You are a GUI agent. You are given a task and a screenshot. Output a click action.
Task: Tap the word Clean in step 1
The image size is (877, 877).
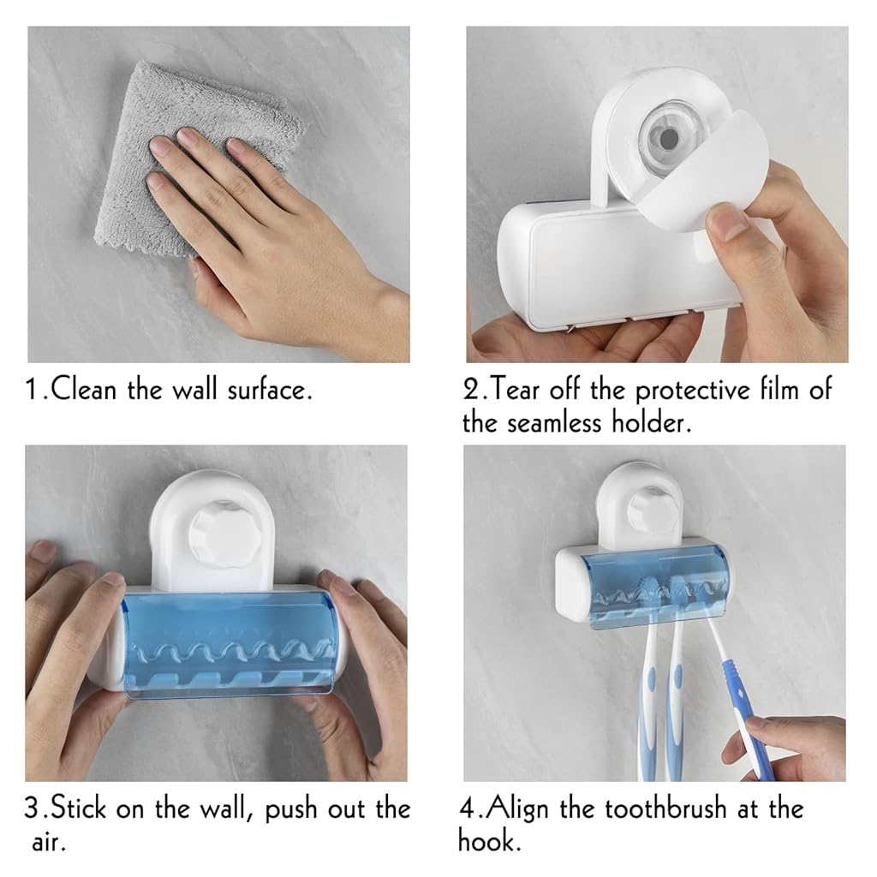coord(84,389)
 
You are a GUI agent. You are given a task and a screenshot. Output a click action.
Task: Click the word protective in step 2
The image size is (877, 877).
coord(692,391)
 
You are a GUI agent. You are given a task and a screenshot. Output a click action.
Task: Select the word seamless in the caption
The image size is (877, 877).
coord(554,423)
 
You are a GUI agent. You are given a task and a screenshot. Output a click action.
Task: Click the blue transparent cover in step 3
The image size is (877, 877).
coord(229,645)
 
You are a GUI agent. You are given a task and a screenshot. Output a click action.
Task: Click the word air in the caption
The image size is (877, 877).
coord(49,843)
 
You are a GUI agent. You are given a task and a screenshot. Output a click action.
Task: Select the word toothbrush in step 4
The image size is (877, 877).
coord(665,808)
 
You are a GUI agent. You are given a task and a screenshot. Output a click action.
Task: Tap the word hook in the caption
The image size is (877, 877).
coord(488,841)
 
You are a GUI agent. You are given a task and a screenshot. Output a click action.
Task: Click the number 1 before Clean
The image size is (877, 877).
coord(32,390)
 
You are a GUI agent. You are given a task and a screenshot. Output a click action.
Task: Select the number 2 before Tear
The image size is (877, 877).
coord(470,390)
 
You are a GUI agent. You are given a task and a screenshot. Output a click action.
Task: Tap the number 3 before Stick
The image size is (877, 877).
coord(33,808)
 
